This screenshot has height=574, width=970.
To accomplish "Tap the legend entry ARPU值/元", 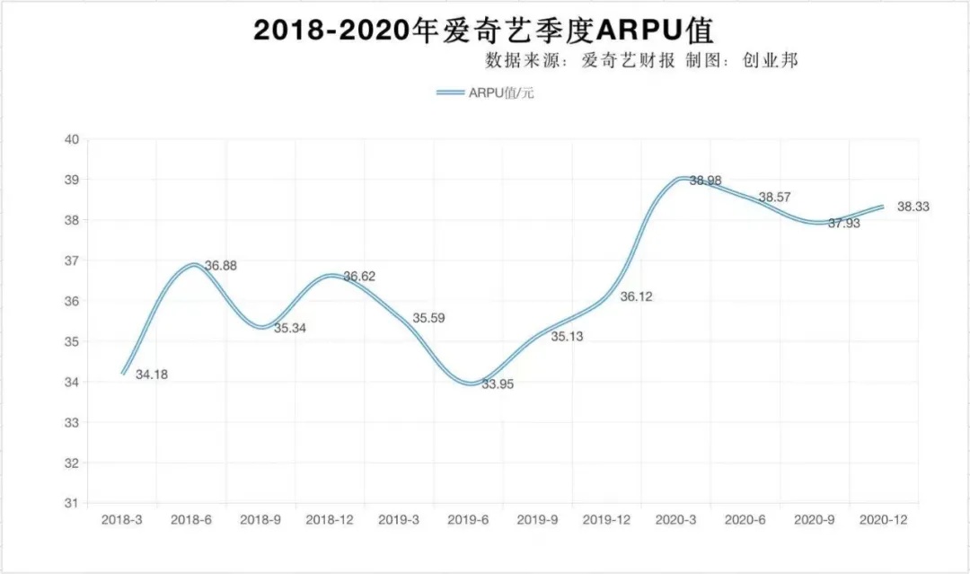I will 486,93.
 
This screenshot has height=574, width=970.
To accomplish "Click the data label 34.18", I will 152,375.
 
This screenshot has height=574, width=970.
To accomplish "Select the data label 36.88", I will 221,266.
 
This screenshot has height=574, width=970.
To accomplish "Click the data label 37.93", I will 843,224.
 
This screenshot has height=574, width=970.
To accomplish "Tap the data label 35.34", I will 290,329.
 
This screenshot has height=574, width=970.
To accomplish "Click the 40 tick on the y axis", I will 71,139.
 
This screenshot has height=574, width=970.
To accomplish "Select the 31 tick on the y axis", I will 71,504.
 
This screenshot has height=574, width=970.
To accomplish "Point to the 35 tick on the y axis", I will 71,342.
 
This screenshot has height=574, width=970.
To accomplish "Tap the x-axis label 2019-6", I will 467,520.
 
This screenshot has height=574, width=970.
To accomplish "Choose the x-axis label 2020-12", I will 883,520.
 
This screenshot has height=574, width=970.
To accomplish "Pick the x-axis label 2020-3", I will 675,520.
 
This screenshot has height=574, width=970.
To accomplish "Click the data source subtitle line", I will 641,61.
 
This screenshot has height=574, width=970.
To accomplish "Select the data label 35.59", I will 428,318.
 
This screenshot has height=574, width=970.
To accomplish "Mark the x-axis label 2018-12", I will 328,520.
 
